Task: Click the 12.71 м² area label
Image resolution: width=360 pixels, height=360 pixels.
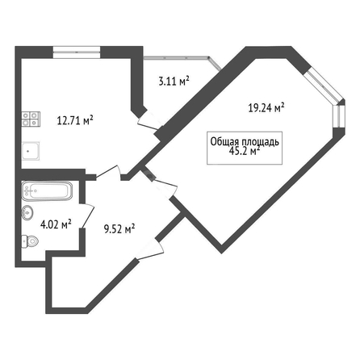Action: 75,120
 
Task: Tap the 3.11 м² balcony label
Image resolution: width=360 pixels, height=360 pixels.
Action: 174,81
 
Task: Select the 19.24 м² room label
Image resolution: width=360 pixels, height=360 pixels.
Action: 266,107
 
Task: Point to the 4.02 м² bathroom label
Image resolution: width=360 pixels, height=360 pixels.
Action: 56,224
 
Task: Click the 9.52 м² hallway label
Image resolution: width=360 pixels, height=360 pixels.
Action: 119,229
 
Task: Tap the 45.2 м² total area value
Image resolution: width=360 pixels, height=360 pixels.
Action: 244,151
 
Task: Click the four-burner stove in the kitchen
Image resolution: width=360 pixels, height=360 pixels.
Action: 31,119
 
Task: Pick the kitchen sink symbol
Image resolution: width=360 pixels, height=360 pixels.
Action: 31,151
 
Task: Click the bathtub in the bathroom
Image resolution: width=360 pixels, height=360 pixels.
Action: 47,191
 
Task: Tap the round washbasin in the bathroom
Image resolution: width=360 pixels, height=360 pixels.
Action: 27,213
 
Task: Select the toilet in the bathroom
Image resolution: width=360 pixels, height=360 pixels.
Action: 30,241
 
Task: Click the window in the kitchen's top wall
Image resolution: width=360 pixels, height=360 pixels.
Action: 77,52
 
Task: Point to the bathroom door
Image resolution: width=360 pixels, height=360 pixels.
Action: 87,216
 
